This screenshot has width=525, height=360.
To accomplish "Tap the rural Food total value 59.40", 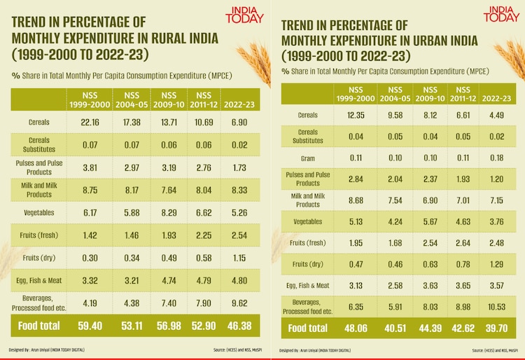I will coord(87,326).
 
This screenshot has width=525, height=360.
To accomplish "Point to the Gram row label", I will coord(308,159).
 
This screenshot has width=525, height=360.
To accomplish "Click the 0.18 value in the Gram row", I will coord(497,159).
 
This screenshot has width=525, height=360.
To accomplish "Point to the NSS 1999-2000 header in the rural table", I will coord(87,99).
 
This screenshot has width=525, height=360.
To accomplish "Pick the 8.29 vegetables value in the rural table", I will coord(168,212).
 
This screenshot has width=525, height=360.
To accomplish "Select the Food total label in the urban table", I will coord(308,328).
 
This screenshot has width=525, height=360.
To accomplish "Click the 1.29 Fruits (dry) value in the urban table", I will coord(497,264).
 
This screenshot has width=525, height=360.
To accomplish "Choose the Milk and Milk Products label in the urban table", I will coord(308,201).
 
